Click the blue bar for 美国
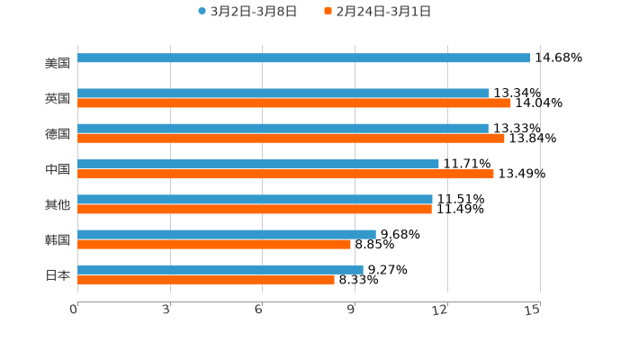[304, 58]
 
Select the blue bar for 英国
[283, 93]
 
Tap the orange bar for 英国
[294, 103]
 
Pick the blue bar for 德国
[283, 129]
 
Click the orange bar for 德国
[291, 139]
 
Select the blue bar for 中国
[258, 164]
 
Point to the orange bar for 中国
[285, 174]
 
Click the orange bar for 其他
[255, 210]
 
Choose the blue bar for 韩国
[227, 234]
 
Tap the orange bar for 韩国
[214, 244]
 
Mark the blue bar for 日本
[220, 269]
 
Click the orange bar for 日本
[206, 280]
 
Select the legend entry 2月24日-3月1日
[382, 12]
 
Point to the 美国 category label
[58, 64]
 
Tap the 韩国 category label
[58, 239]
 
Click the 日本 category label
[58, 274]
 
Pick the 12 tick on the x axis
[440, 310]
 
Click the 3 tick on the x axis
[167, 310]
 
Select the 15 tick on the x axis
[533, 310]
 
